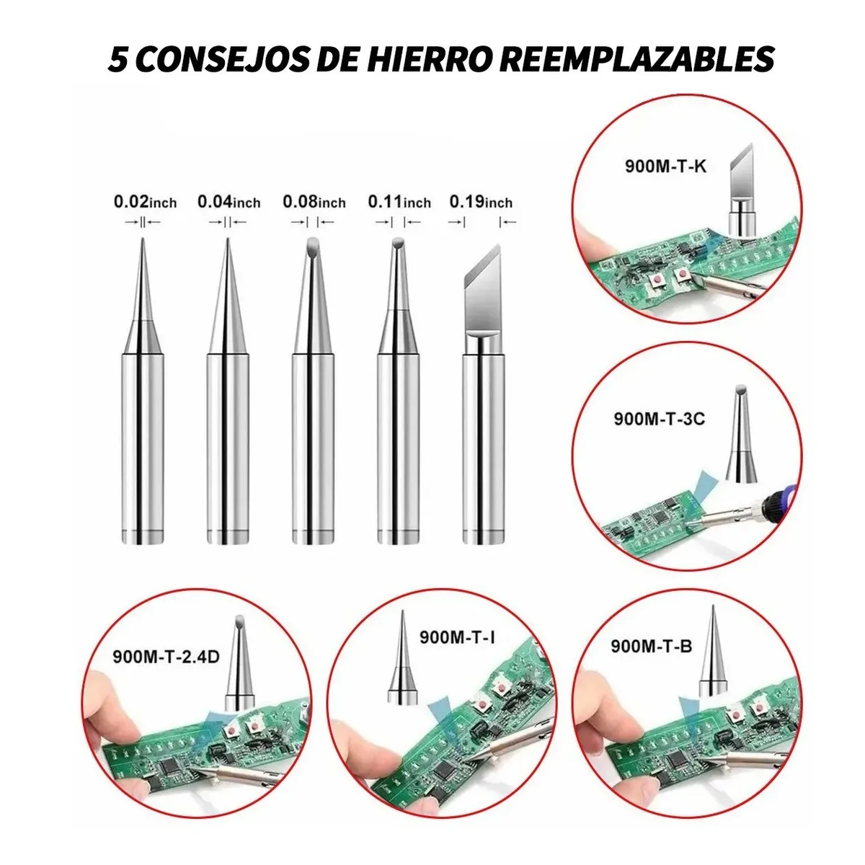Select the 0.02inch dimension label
(145, 202)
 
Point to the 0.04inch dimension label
(229, 202)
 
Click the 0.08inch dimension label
(314, 202)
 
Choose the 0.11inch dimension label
(399, 202)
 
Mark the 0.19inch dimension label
(481, 202)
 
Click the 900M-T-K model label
(665, 167)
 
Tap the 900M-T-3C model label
(659, 417)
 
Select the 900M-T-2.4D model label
(165, 657)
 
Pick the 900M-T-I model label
(457, 637)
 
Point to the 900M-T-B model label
(651, 646)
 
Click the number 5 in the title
(117, 59)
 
